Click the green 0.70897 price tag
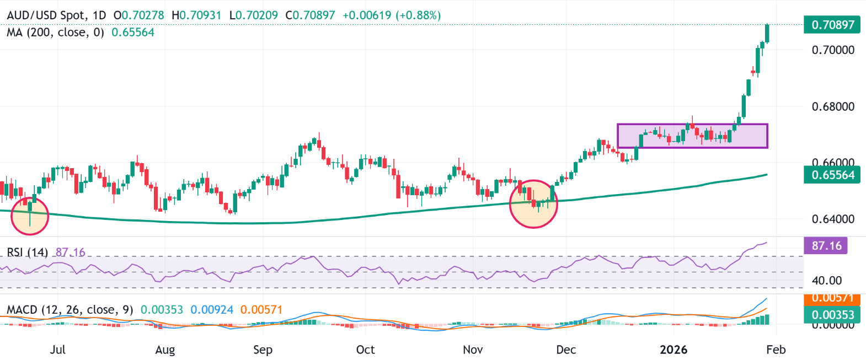[x=832, y=25]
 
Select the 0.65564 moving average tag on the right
[x=832, y=175]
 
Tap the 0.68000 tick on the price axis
[x=833, y=106]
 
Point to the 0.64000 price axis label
[x=833, y=219]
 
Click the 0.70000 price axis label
[x=833, y=50]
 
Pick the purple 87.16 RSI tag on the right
[x=826, y=245]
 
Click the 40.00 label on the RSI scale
[x=826, y=281]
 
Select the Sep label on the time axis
[x=263, y=350]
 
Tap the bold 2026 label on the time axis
[x=673, y=350]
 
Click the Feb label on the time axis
[x=776, y=350]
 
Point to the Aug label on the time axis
[x=165, y=350]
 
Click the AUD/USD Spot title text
[x=47, y=15]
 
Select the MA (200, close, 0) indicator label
[x=55, y=33]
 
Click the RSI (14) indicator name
[x=28, y=252]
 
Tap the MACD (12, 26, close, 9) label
[x=70, y=310]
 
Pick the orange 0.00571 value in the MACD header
[x=261, y=310]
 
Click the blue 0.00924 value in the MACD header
[x=212, y=310]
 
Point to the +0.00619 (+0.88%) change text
[x=391, y=15]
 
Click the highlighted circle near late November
[x=533, y=204]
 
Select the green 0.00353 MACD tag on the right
[x=832, y=315]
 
